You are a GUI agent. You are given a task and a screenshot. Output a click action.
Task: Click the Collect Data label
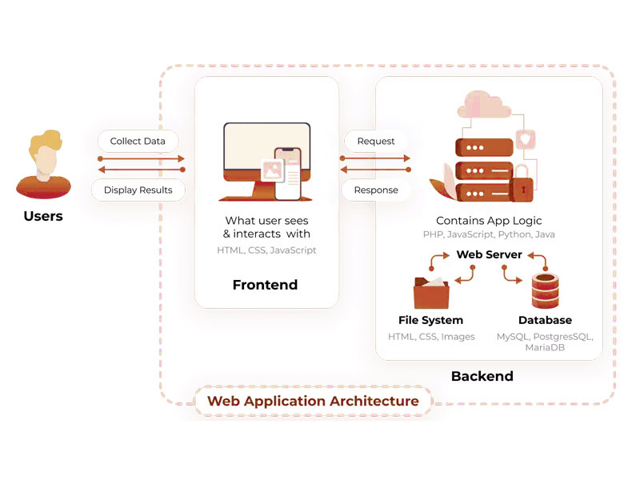click(x=138, y=142)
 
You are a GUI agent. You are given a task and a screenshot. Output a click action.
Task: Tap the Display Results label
click(x=138, y=190)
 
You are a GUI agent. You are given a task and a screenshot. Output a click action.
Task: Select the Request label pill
click(x=376, y=142)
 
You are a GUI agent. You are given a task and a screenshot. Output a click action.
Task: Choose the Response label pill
click(x=376, y=190)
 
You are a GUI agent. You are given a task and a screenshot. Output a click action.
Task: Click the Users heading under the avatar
click(x=43, y=216)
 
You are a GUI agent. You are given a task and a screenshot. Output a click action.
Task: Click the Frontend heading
click(x=265, y=285)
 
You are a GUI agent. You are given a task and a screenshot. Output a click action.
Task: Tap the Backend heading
click(x=482, y=376)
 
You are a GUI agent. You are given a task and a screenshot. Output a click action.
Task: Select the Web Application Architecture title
click(x=313, y=401)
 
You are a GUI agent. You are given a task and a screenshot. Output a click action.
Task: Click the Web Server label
click(x=489, y=254)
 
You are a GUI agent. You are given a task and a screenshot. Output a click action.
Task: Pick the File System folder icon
click(x=433, y=291)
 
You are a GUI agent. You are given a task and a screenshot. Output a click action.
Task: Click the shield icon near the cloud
click(x=527, y=140)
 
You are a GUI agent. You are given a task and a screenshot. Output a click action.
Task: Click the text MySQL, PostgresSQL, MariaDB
click(x=545, y=342)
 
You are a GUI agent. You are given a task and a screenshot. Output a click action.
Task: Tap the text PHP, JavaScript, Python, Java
click(x=489, y=235)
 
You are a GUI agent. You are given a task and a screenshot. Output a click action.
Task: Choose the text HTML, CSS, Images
click(x=431, y=337)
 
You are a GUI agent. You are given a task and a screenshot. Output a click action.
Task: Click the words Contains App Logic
click(x=489, y=221)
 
